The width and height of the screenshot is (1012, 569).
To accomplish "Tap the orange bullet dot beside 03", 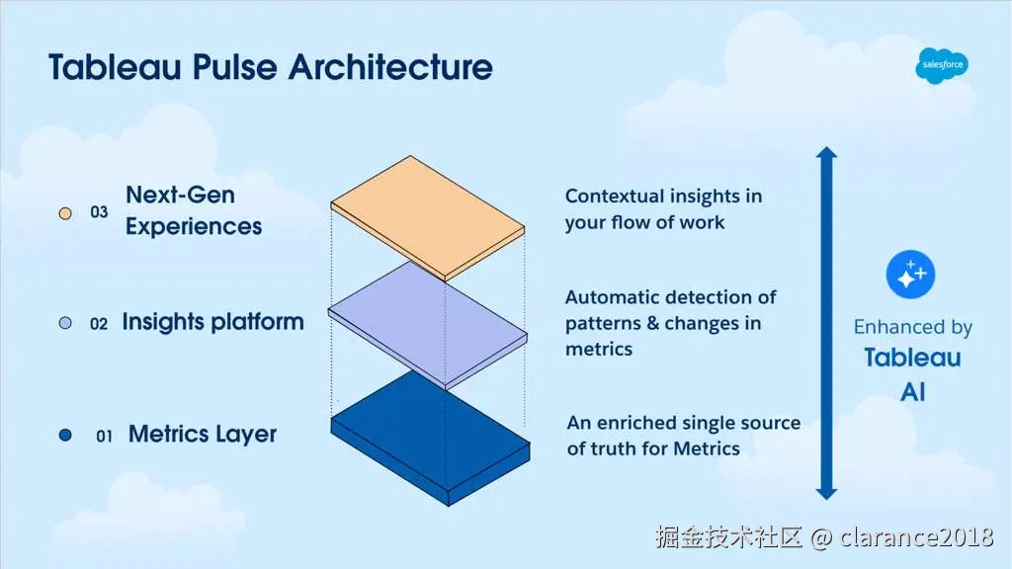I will (x=66, y=212).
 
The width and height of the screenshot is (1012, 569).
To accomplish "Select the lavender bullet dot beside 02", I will (x=66, y=323).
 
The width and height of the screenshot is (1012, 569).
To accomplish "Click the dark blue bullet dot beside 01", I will (x=66, y=435).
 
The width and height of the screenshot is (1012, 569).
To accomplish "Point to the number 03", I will (x=99, y=211).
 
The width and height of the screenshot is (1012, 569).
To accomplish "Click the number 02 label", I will (x=99, y=323).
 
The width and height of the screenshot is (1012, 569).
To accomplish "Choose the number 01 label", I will (x=104, y=435).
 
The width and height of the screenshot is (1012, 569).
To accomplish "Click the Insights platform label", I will (x=212, y=322).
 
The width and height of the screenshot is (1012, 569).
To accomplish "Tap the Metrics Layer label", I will (x=203, y=434).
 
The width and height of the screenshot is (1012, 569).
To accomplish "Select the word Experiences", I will (x=194, y=226).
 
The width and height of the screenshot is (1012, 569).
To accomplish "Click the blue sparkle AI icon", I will (x=909, y=277).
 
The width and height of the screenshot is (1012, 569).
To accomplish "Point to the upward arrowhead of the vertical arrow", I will (x=827, y=155).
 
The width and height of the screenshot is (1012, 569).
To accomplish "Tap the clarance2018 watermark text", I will (x=916, y=537).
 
